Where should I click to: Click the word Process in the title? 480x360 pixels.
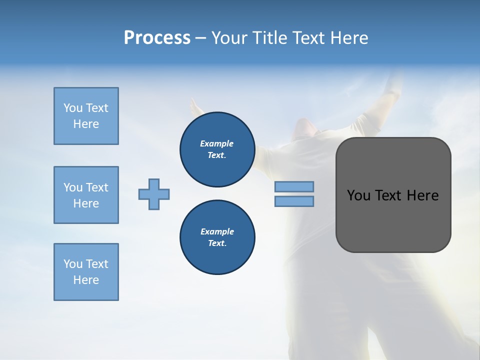coord(157,38)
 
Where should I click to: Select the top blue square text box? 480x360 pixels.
coord(86,116)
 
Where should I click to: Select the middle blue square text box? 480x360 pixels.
coord(86,195)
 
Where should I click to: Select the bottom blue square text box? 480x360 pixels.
coord(86,272)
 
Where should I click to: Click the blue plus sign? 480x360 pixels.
coord(154,194)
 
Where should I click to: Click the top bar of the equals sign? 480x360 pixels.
coord(294,187)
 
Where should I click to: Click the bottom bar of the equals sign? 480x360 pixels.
coord(294,201)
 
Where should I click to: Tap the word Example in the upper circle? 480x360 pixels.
coord(217,143)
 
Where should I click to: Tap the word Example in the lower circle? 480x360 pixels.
coord(217,231)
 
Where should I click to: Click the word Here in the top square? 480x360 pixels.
coord(86,124)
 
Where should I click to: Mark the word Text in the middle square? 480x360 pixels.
coord(97,187)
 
